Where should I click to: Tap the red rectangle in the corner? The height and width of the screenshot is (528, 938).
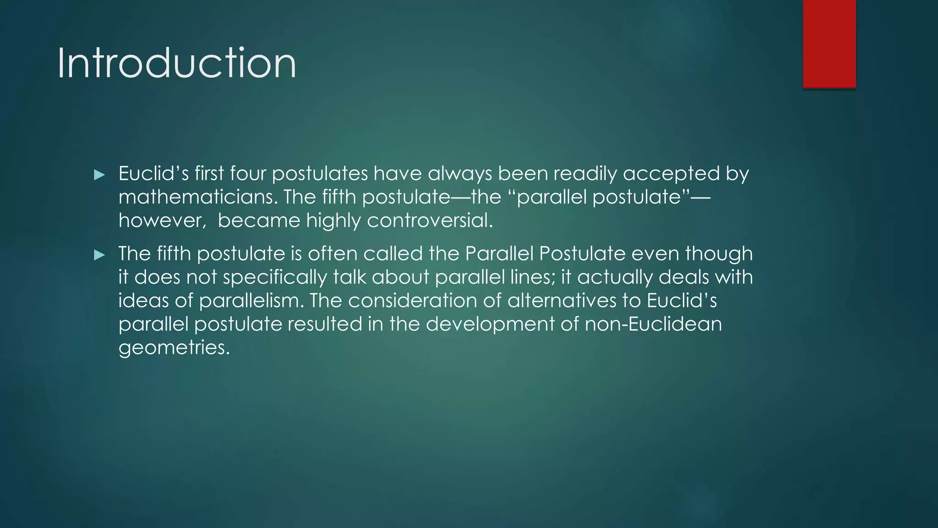(829, 44)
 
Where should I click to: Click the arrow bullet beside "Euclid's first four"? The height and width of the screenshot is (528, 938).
(99, 175)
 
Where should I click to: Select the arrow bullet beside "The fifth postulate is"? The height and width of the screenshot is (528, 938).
(99, 255)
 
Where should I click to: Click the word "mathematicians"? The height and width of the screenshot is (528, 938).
(198, 197)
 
